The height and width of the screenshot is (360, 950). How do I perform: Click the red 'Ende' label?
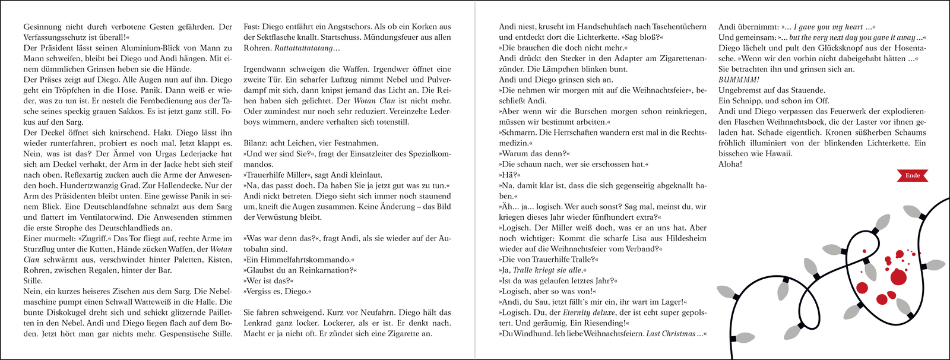tap(912, 175)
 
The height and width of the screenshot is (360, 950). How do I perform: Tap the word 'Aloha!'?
tap(730, 164)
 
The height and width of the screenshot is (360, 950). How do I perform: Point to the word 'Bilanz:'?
tap(256, 143)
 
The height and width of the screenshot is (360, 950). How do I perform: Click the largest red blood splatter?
tap(900, 276)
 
